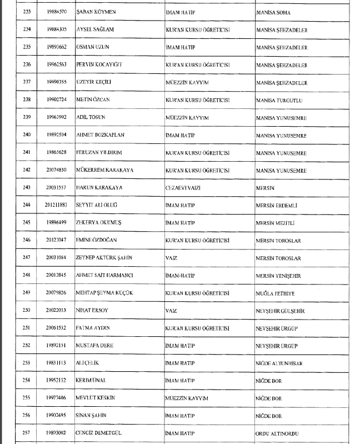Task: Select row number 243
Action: click(26, 187)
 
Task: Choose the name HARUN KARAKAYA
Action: click(99, 187)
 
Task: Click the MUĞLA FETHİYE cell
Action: click(276, 292)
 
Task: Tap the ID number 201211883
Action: click(56, 205)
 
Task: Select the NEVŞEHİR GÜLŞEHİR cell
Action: click(282, 310)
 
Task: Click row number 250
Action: click(26, 310)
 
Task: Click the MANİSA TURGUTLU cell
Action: click(279, 99)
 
